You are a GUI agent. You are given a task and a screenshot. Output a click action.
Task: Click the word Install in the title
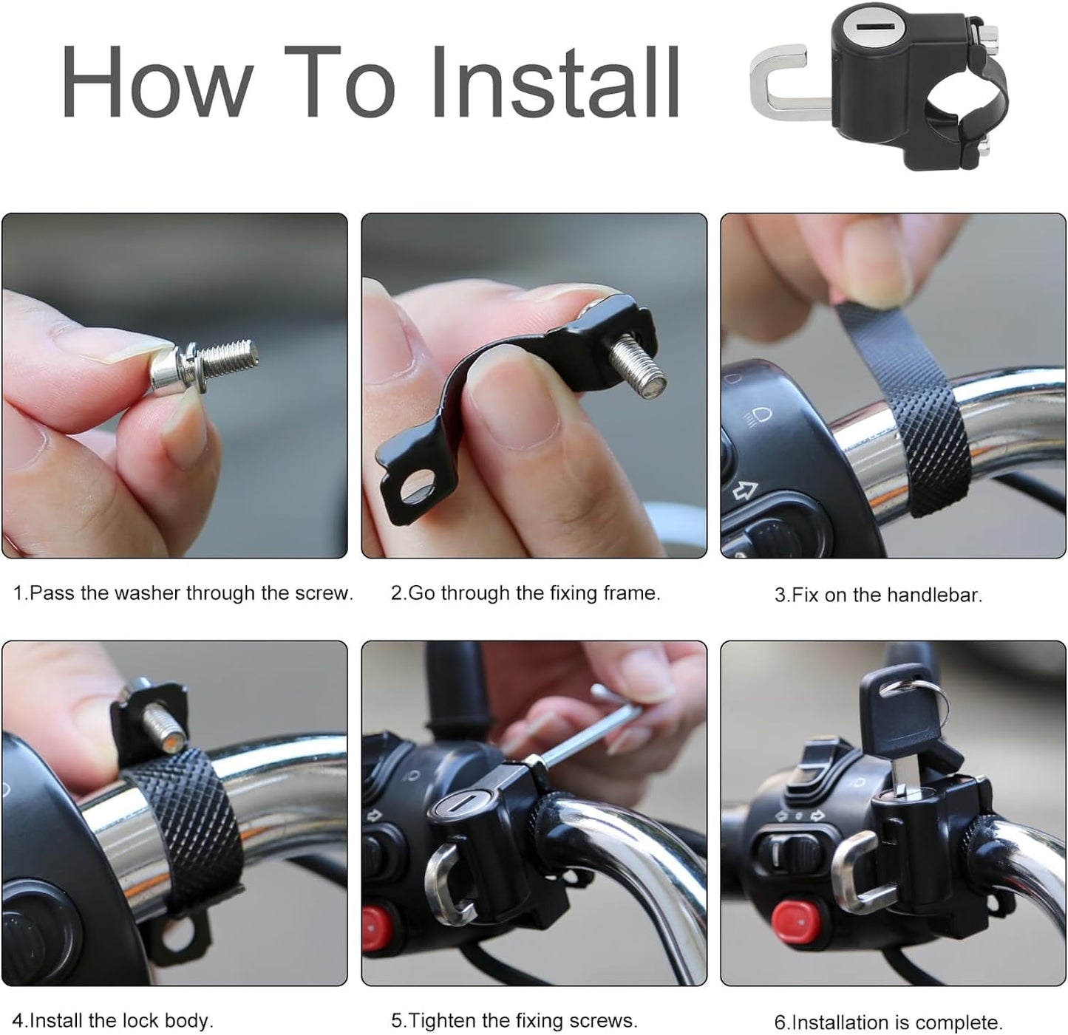click(554, 83)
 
